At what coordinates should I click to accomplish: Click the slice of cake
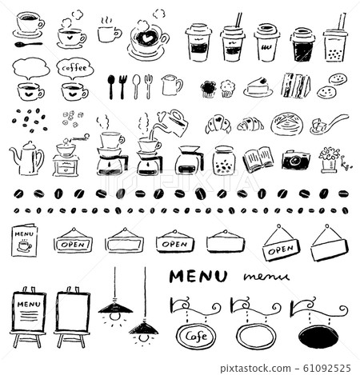(258, 87)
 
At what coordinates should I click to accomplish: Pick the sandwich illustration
(295, 85)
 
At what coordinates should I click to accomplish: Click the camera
(294, 159)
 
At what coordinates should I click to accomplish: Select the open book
(258, 160)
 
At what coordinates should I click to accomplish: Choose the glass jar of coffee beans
(224, 160)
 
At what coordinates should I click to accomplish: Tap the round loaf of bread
(285, 123)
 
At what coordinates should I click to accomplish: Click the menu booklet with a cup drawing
(24, 238)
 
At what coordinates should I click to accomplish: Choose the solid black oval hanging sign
(318, 335)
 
